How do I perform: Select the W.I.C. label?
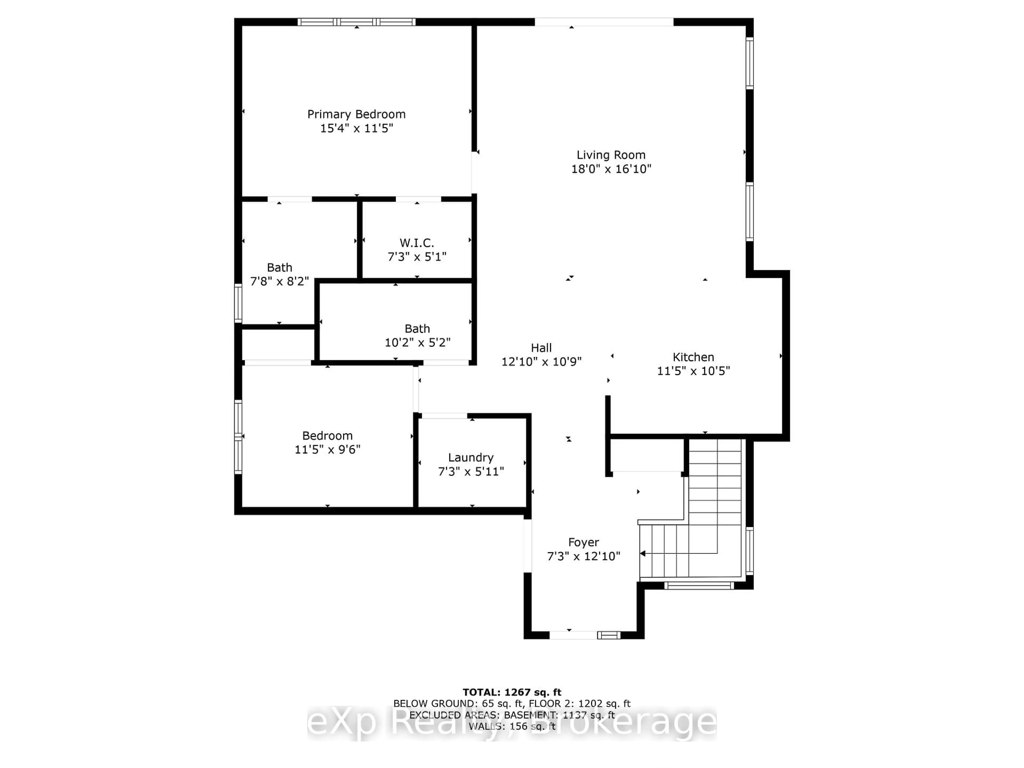(417, 243)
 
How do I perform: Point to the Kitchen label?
(693, 357)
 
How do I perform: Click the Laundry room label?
(470, 457)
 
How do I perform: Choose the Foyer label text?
(583, 542)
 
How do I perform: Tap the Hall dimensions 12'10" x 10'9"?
(541, 362)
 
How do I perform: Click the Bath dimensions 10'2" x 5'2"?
(417, 343)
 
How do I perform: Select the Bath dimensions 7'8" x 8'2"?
(279, 281)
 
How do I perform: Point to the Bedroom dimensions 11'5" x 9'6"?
(327, 450)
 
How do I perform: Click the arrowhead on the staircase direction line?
(643, 553)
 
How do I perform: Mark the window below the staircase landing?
(699, 586)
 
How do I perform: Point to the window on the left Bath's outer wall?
(238, 303)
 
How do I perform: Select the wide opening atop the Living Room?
(604, 22)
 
